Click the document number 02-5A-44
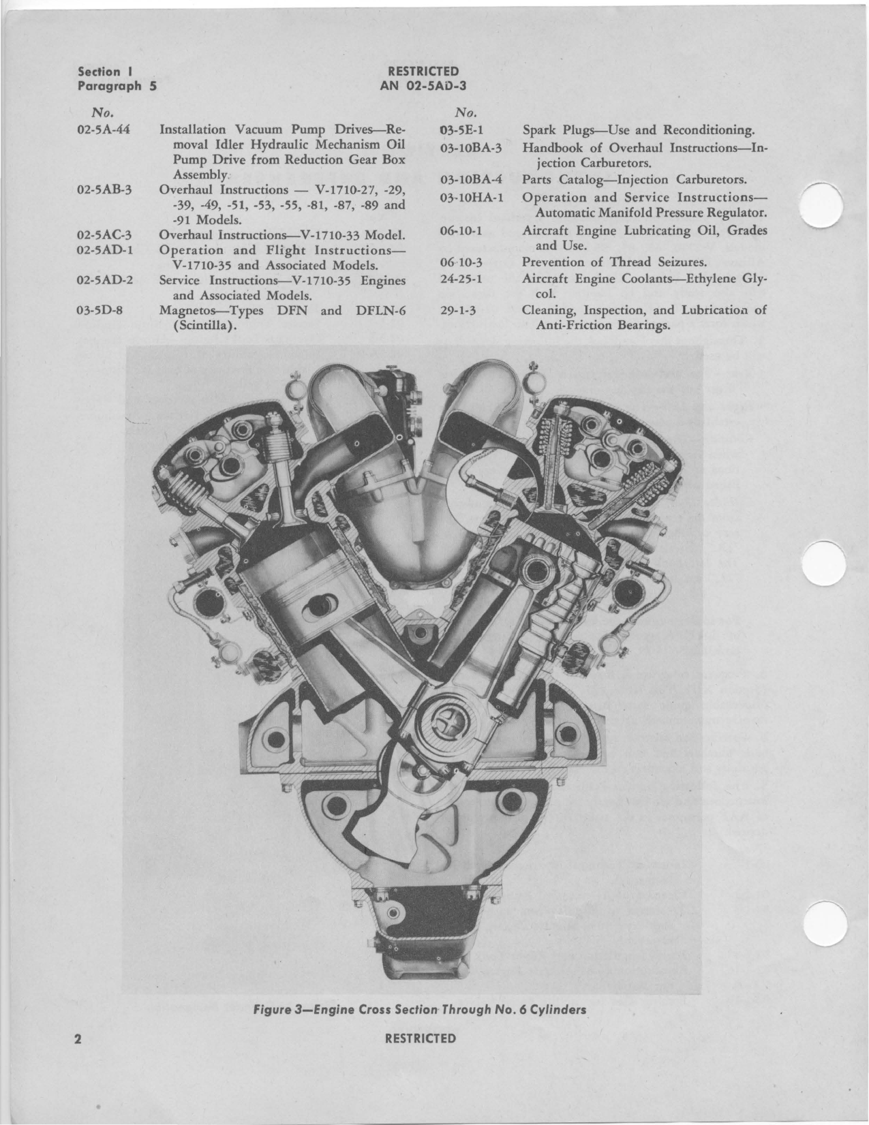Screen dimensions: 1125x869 click(x=104, y=129)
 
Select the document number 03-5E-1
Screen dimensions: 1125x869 click(x=461, y=129)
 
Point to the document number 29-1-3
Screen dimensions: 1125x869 click(x=458, y=311)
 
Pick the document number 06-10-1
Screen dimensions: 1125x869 click(x=461, y=231)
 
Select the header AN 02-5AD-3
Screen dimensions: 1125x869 click(x=423, y=86)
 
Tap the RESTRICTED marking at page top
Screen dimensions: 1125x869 click(x=423, y=72)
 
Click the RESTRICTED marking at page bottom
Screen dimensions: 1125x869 click(x=421, y=1038)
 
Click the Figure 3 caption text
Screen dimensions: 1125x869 click(x=421, y=1010)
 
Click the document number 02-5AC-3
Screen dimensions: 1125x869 click(x=104, y=235)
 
